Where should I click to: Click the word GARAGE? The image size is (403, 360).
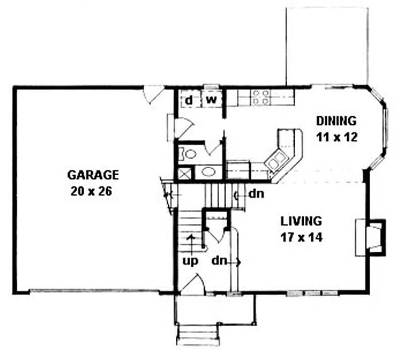tap(93, 175)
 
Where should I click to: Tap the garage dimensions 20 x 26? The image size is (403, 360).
tap(93, 191)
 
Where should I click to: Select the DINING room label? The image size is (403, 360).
tap(336, 121)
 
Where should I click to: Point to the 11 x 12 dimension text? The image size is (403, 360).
tap(337, 137)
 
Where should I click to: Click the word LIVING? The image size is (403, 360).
tap(301, 221)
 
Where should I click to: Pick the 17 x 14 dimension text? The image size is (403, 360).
tap(302, 237)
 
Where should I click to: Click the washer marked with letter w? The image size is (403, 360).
tap(212, 100)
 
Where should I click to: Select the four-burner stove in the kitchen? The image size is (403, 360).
tap(260, 97)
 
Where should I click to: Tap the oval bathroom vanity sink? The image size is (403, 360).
tap(207, 172)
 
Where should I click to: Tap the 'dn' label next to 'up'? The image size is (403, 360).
tap(218, 261)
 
